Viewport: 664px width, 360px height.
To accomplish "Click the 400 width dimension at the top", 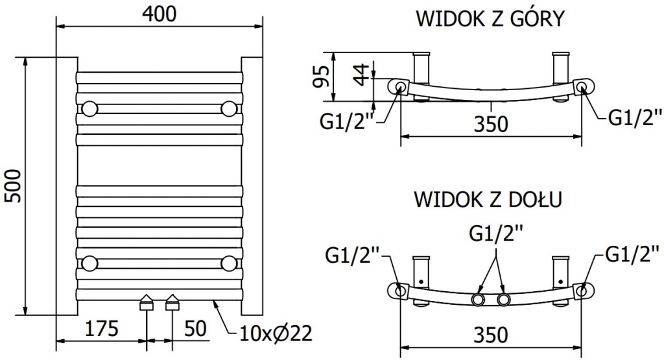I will click(159, 14).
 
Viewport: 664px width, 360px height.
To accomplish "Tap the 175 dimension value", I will click(100, 329).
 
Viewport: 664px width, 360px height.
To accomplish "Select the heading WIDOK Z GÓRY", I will click(490, 18).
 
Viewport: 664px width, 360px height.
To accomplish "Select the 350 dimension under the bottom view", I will click(490, 335).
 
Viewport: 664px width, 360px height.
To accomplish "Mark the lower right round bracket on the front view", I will click(228, 263).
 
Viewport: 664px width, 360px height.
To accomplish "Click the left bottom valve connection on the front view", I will click(147, 303).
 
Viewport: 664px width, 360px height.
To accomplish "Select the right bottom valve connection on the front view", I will click(172, 303).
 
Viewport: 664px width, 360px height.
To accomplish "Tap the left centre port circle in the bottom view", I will click(479, 300).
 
